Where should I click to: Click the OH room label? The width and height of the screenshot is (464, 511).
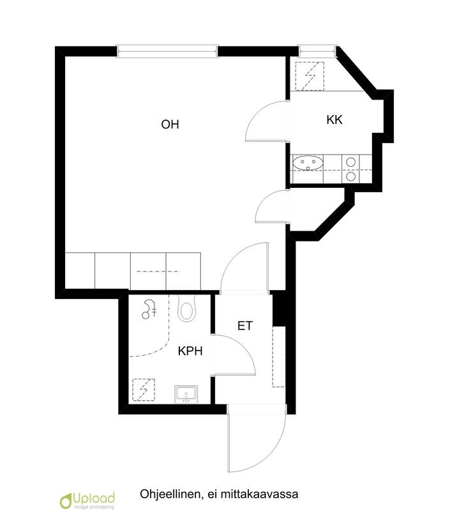[x=170, y=124]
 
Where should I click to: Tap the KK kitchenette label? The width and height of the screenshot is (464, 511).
[x=334, y=119]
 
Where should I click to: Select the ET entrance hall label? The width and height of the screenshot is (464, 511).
[x=245, y=326]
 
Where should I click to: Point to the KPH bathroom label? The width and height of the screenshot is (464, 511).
[x=190, y=351]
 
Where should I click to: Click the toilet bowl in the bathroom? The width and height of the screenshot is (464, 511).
[x=187, y=309]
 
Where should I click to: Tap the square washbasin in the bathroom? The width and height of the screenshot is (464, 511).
[x=186, y=394]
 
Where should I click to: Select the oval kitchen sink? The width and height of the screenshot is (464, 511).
[x=308, y=164]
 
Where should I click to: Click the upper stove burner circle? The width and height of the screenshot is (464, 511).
[x=350, y=162]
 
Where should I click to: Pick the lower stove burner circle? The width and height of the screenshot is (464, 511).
[x=350, y=176]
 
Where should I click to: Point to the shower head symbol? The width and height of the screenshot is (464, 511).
[x=149, y=309]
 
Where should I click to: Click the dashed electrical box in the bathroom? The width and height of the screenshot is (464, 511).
[x=144, y=390]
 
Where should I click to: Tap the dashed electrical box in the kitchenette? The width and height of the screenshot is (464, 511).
[x=310, y=76]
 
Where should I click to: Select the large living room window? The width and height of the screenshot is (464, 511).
[x=167, y=51]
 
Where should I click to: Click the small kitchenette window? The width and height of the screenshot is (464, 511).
[x=317, y=50]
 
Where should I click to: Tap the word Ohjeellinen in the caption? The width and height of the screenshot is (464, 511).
[x=168, y=494]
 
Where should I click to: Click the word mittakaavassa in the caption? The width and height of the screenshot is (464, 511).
[x=259, y=494]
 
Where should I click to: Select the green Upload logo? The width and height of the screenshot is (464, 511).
[x=87, y=500]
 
